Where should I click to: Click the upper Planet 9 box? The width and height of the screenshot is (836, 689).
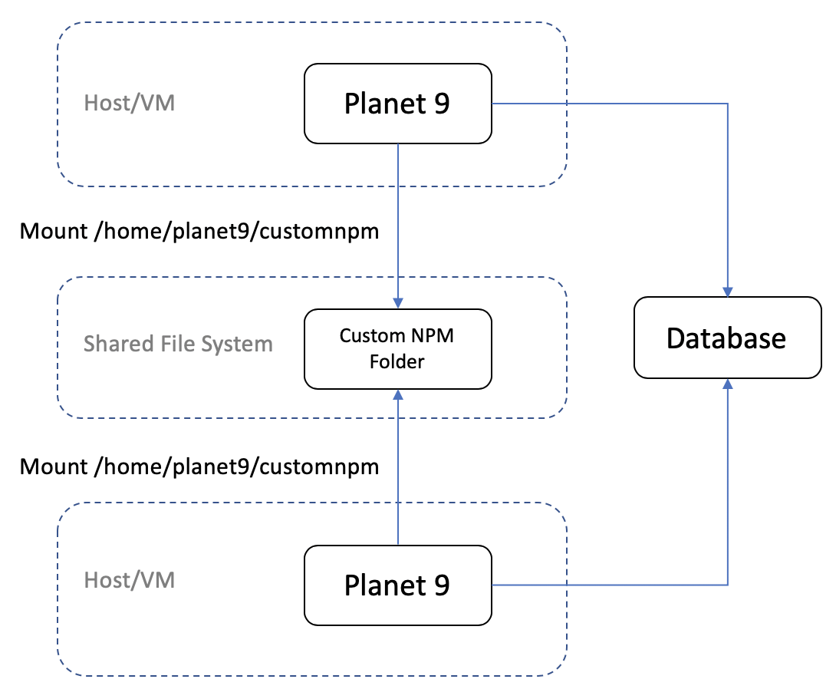(397, 103)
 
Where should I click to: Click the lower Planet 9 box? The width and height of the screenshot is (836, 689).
(397, 585)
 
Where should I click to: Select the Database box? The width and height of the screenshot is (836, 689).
(726, 338)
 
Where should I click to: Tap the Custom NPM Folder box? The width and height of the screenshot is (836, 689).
(397, 348)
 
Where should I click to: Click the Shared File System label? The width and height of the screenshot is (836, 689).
(178, 343)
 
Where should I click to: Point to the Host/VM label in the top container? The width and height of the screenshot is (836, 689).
(129, 103)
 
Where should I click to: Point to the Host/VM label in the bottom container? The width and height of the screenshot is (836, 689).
(129, 580)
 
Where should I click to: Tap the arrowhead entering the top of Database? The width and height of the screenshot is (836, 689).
(727, 292)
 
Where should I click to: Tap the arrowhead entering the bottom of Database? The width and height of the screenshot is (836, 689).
(727, 383)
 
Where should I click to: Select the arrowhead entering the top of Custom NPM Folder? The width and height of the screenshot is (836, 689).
(397, 303)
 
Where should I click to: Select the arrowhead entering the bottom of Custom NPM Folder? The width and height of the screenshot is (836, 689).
(397, 394)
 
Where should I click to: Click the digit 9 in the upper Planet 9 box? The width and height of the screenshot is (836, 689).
(442, 103)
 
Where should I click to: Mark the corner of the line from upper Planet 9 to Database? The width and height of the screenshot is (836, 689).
(727, 104)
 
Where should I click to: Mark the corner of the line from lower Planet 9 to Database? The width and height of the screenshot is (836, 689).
(727, 585)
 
